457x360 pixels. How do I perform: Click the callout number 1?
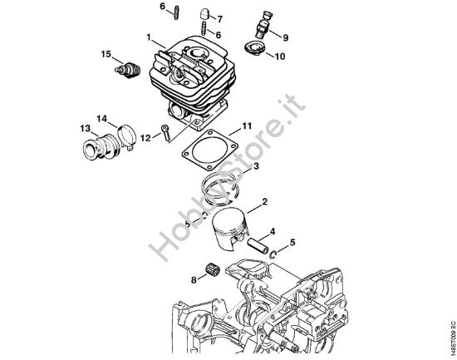pos(149,37)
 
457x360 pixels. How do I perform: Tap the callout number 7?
pos(219,17)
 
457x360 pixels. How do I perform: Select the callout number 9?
pos(286,37)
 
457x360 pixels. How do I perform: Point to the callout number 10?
pos(279,57)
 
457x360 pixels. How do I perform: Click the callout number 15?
pos(106,54)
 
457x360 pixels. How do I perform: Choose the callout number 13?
pos(85,128)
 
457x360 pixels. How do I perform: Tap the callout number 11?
pos(247,126)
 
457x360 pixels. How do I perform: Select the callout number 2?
pos(263,202)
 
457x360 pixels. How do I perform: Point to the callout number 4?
pos(273,231)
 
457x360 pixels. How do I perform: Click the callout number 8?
pos(194,279)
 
